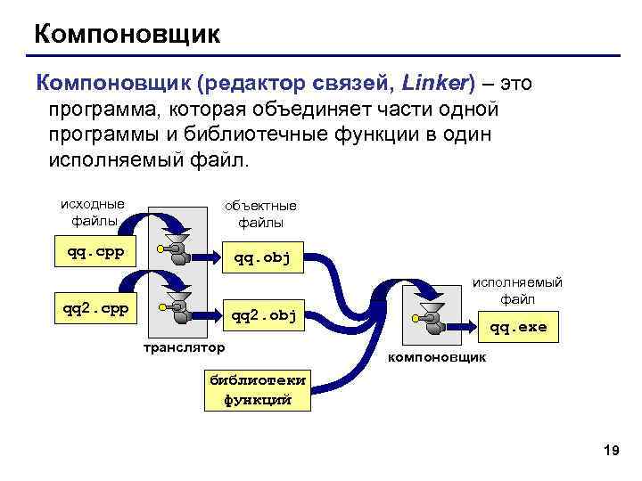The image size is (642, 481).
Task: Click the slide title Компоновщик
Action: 126,35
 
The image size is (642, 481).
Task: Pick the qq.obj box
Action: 263,259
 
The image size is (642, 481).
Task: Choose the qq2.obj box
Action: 262,314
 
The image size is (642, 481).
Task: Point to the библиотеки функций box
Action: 257,389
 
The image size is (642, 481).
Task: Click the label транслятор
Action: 185,345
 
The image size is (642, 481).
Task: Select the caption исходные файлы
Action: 94,210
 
